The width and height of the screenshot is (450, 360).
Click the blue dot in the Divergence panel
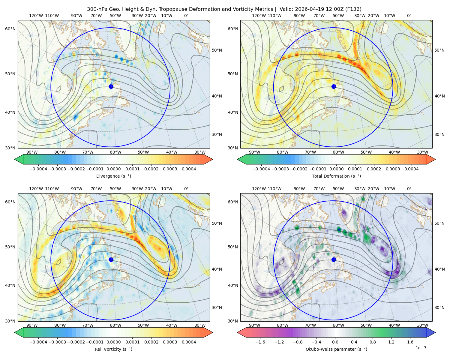click(111, 86)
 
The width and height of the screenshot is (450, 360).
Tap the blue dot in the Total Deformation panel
click(334, 86)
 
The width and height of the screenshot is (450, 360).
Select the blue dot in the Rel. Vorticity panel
click(111, 259)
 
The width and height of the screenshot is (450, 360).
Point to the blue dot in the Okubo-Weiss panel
click(334, 259)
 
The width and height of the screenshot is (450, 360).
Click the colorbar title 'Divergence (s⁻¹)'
click(113, 176)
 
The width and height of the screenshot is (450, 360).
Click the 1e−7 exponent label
click(421, 348)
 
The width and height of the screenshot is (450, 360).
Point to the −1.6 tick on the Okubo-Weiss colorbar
click(260, 342)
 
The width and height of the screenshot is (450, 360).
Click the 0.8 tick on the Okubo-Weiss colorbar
click(373, 342)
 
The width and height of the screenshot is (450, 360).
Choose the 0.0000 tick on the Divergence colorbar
click(113, 169)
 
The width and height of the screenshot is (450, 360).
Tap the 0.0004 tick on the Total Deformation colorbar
click(412, 169)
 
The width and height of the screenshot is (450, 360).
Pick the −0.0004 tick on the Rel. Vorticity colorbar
click(38, 342)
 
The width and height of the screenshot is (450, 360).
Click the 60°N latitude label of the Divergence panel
click(10, 29)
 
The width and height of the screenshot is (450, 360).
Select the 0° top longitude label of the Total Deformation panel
click(409, 16)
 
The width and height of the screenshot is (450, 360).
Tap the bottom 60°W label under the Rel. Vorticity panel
click(115, 325)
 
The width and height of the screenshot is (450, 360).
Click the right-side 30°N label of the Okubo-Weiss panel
click(439, 307)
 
